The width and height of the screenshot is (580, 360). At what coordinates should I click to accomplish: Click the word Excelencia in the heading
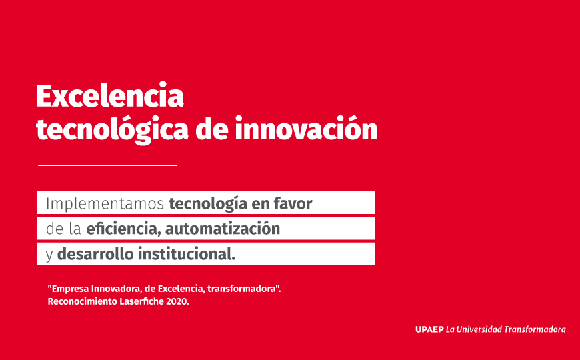pyautogui.click(x=110, y=96)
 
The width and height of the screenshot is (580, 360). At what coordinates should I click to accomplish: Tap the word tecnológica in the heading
pyautogui.click(x=113, y=130)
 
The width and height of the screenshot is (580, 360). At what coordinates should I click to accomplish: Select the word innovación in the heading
pyautogui.click(x=306, y=128)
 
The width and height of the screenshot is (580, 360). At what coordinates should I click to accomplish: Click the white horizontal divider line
pyautogui.click(x=107, y=165)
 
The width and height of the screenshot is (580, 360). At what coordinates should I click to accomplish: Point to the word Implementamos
pyautogui.click(x=105, y=204)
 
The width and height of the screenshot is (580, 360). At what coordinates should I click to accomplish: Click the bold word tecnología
pyautogui.click(x=208, y=204)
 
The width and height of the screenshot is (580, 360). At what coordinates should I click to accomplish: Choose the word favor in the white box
pyautogui.click(x=293, y=203)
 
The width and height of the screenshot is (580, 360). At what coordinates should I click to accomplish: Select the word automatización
pyautogui.click(x=223, y=229)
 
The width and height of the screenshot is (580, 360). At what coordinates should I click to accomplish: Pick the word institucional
pyautogui.click(x=187, y=254)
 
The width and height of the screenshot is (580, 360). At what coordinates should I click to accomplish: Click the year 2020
pyautogui.click(x=177, y=301)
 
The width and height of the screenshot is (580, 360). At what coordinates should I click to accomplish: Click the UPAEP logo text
pyautogui.click(x=429, y=329)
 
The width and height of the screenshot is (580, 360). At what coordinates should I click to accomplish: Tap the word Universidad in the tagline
pyautogui.click(x=479, y=329)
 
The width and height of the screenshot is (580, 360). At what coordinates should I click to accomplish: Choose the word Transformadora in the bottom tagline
pyautogui.click(x=535, y=329)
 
